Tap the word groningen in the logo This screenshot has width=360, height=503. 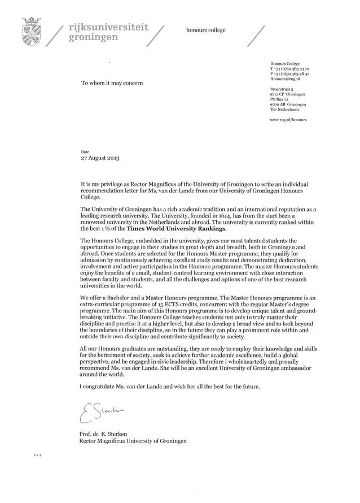(93, 38)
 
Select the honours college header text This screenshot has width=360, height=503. (206, 30)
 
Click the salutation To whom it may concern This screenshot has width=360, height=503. (112, 83)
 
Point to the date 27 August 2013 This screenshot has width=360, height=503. (100, 158)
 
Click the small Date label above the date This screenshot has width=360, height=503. (85, 152)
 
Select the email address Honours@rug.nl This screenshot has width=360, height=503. (284, 80)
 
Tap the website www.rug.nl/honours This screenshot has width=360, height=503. (288, 120)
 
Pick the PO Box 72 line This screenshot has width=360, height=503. (279, 99)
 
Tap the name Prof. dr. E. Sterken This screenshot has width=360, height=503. (104, 434)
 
